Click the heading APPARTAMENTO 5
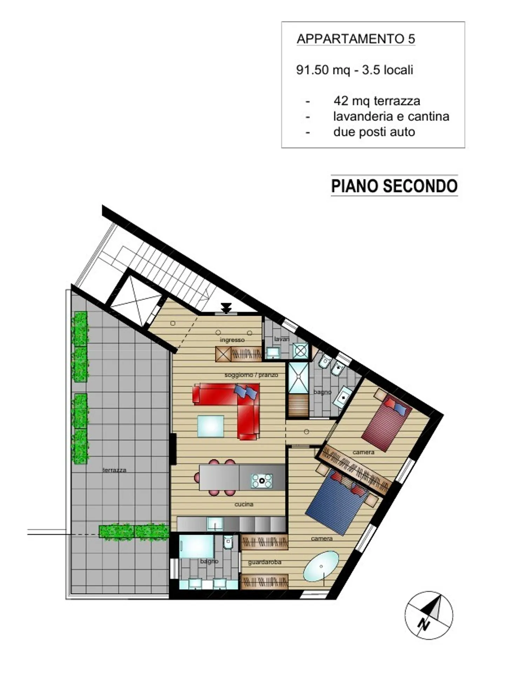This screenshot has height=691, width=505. [x=356, y=39]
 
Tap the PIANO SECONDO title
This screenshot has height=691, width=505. [x=394, y=186]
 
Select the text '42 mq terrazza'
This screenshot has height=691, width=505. [x=377, y=101]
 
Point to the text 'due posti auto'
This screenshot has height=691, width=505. [x=374, y=132]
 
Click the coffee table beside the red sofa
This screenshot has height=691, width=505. [x=210, y=426]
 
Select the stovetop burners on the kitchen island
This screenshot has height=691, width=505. [x=262, y=481]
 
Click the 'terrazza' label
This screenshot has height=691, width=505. [x=114, y=470]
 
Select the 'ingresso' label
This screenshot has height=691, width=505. [x=232, y=340]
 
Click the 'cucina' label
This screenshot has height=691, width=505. [x=244, y=504]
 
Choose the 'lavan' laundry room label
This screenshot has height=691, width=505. [x=281, y=339]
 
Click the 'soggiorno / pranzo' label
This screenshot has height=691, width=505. [x=251, y=375]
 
